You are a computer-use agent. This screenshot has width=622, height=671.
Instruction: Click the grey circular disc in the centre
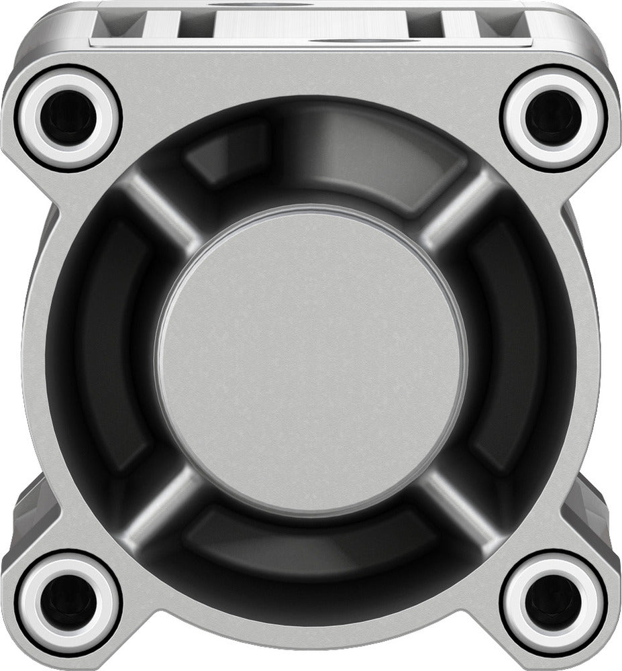tap(311, 359)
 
